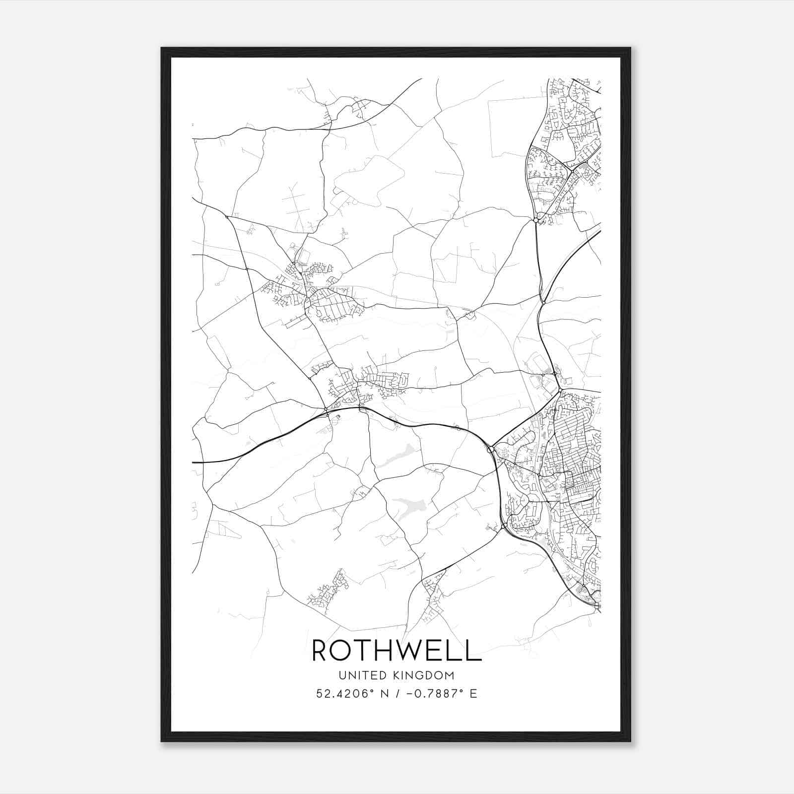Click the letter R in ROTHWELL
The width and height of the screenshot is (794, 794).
coord(320,650)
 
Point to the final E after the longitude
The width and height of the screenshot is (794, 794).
coord(473,694)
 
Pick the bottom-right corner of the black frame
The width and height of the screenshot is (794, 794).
coord(630,741)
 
